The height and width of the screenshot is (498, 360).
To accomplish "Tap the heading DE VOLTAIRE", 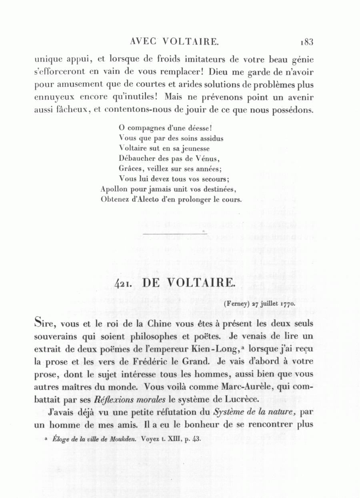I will pyautogui.click(x=188, y=282).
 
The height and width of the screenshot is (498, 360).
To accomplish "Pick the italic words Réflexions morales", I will pyautogui.click(x=130, y=400).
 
